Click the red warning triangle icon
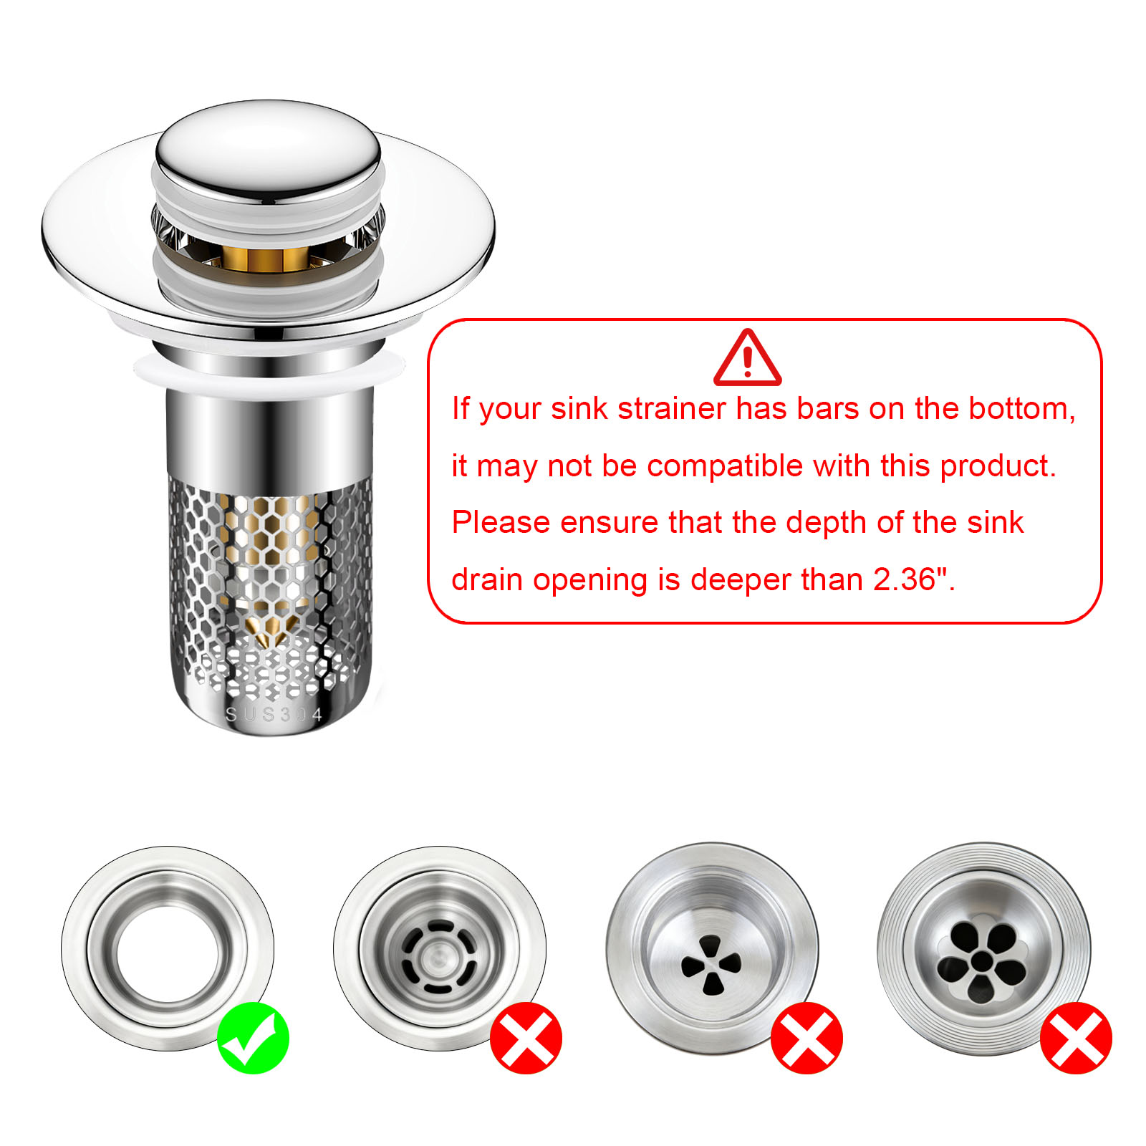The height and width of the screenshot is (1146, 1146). (747, 357)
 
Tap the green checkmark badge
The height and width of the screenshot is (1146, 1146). (253, 1038)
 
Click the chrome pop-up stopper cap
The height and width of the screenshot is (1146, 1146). (268, 150)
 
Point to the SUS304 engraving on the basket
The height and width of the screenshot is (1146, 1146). (274, 714)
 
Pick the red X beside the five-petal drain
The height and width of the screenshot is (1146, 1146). (1076, 1038)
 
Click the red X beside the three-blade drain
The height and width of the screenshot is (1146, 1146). (806, 1038)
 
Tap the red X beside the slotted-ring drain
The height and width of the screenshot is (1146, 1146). (526, 1038)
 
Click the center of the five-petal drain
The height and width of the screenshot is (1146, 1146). (981, 960)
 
